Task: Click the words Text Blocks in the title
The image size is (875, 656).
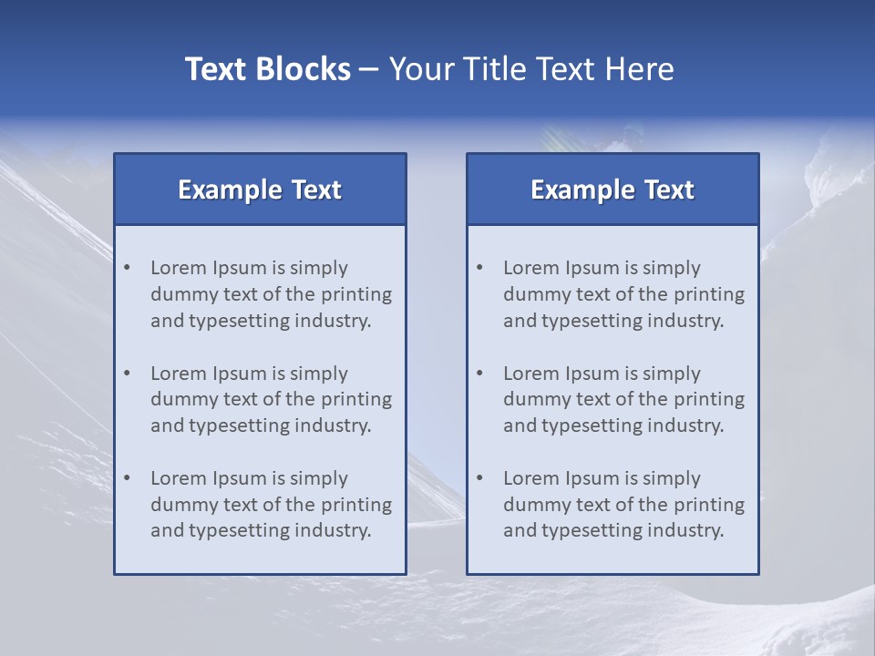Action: pyautogui.click(x=267, y=69)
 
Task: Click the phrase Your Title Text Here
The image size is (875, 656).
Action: pyautogui.click(x=531, y=69)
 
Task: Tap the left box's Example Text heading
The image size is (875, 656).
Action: pyautogui.click(x=260, y=190)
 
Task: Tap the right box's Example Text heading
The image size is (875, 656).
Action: pyautogui.click(x=612, y=190)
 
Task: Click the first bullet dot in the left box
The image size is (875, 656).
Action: pyautogui.click(x=128, y=268)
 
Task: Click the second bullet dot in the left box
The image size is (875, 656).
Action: pyautogui.click(x=128, y=374)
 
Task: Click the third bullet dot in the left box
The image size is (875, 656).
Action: pyautogui.click(x=128, y=478)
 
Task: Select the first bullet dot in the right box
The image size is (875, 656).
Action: pyautogui.click(x=480, y=268)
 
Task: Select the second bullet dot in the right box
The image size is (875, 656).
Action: pyautogui.click(x=480, y=374)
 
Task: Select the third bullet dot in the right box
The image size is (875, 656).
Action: pyautogui.click(x=480, y=478)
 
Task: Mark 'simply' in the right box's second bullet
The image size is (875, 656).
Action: pyautogui.click(x=672, y=374)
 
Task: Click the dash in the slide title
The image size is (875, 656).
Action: pyautogui.click(x=370, y=70)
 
